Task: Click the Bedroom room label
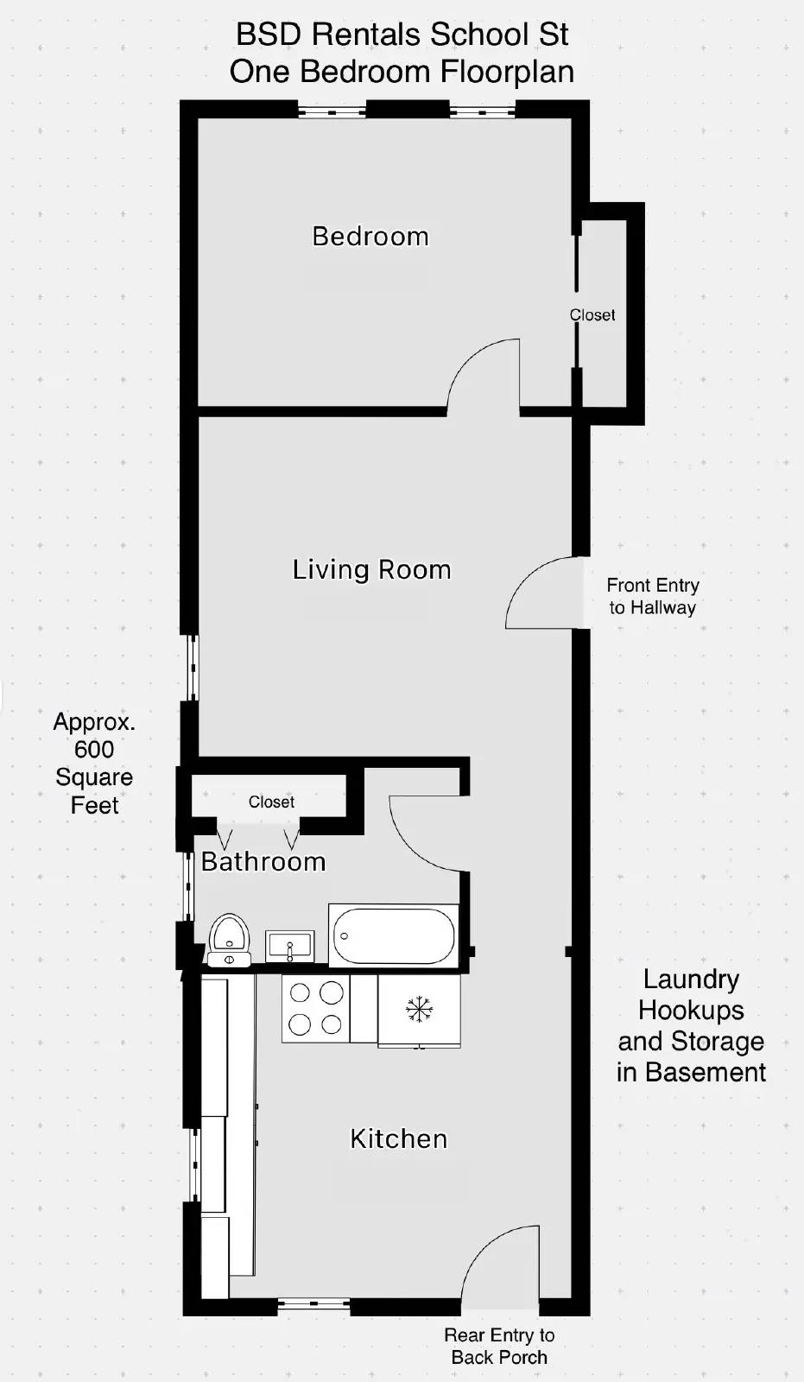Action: [x=370, y=236]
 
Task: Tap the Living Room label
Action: [x=371, y=569]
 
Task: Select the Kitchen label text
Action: [x=398, y=1138]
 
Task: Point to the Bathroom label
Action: [x=263, y=861]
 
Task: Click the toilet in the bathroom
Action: [x=229, y=939]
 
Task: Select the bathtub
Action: [x=394, y=935]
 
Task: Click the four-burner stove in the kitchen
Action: [x=315, y=1008]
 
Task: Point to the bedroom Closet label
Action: [x=592, y=315]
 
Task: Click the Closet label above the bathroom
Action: [x=271, y=802]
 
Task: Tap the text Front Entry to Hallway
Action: [x=652, y=596]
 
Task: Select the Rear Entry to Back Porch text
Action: [x=499, y=1346]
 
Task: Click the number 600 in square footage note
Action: [x=94, y=749]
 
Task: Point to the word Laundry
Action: [x=691, y=979]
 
